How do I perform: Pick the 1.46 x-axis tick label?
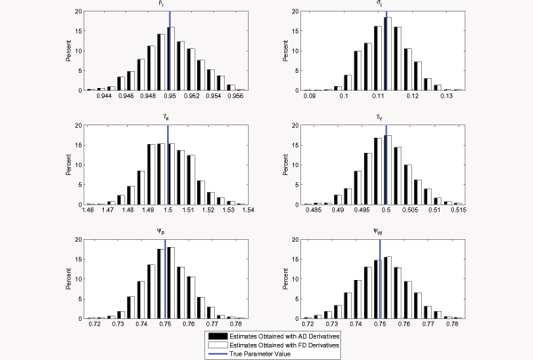pos(87,211)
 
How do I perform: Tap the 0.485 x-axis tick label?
pos(314,211)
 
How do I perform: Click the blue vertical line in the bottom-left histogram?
pos(165,277)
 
